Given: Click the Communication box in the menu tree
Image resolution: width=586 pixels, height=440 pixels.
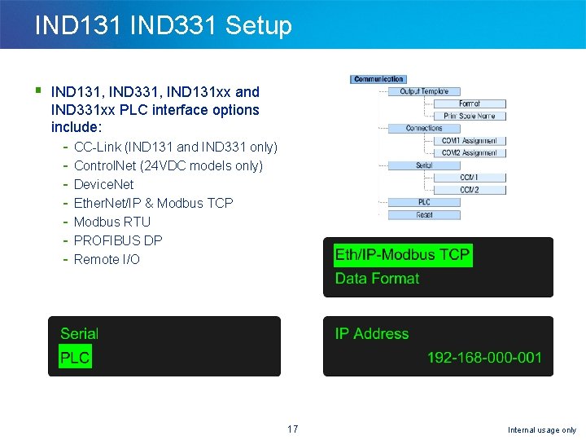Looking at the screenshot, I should (x=378, y=79).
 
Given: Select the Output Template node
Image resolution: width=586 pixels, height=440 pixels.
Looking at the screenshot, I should (x=423, y=91).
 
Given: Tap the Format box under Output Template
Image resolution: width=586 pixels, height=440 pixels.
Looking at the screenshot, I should (x=469, y=103).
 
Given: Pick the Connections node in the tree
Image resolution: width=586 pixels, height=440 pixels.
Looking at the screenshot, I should (x=424, y=128).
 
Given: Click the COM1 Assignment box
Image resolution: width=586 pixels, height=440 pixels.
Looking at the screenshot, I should (x=469, y=140).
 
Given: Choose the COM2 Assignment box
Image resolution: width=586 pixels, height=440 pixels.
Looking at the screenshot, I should (x=469, y=152).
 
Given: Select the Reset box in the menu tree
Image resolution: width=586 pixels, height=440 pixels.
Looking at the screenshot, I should (x=424, y=214).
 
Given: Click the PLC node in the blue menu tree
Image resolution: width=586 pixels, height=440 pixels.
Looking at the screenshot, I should (x=424, y=202).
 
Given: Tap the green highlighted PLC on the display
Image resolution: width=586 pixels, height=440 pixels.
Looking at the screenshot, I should (x=75, y=357).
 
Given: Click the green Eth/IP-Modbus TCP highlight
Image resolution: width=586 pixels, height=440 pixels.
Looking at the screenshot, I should (x=402, y=255).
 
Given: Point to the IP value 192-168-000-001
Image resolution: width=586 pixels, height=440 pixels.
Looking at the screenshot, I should (x=484, y=358).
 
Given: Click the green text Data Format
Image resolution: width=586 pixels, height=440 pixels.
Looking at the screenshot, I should (x=377, y=279).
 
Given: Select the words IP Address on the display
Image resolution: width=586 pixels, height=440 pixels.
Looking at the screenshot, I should (x=371, y=334).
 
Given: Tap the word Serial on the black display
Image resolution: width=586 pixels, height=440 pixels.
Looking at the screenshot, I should (x=79, y=333).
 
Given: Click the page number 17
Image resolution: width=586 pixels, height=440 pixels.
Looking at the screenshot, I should (x=293, y=429).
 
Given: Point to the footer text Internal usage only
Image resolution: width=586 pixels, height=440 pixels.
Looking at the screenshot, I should (x=541, y=429).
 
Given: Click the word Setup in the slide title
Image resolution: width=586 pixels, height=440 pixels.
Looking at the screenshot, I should (x=258, y=25).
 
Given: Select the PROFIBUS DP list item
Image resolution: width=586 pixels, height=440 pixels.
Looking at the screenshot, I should (x=118, y=240).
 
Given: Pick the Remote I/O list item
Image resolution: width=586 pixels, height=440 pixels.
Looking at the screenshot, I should (x=107, y=259).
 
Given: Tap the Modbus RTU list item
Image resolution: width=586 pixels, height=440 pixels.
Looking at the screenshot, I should (x=112, y=222).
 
